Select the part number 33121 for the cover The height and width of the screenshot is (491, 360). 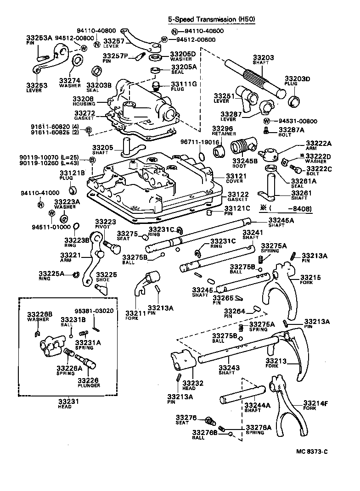click(x=237, y=176)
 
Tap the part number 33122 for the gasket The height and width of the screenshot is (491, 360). click(x=237, y=194)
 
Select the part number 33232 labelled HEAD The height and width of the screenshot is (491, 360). click(x=190, y=383)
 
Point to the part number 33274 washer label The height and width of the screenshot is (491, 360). click(x=69, y=80)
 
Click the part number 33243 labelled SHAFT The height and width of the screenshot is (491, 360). click(x=228, y=368)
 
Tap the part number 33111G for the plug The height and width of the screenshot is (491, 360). click(x=184, y=84)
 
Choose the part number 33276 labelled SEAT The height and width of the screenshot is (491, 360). click(x=186, y=418)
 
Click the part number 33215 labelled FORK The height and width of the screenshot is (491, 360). click(x=311, y=277)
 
